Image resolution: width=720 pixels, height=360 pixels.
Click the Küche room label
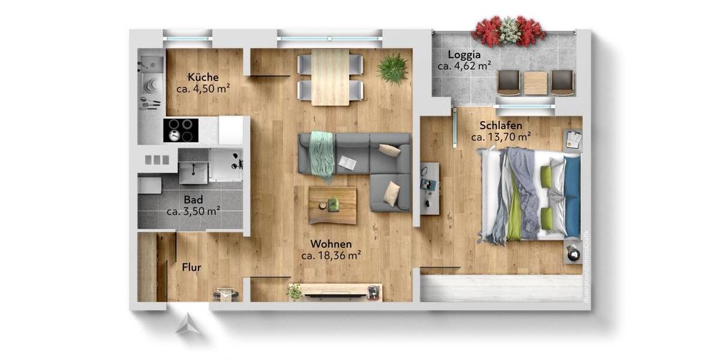point(203,77)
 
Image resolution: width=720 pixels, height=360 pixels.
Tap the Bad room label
point(193,199)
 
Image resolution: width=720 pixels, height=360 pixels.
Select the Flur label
point(191,268)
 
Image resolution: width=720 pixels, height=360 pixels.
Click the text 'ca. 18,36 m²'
point(331,256)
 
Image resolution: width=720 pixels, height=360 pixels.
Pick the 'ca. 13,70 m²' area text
point(500,137)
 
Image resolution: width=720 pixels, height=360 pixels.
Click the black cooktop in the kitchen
point(181,130)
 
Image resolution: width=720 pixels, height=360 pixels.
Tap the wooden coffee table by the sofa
point(332,205)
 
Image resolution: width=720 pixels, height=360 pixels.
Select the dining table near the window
point(330,77)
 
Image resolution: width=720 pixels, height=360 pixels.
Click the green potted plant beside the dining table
point(393,68)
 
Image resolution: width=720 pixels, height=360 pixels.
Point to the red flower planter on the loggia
point(509,31)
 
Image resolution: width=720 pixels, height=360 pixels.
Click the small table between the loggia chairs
point(535,83)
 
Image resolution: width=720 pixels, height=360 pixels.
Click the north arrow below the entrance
point(187,324)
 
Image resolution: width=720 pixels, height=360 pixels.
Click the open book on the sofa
point(347,162)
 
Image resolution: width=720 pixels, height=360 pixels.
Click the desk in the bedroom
point(430,188)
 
